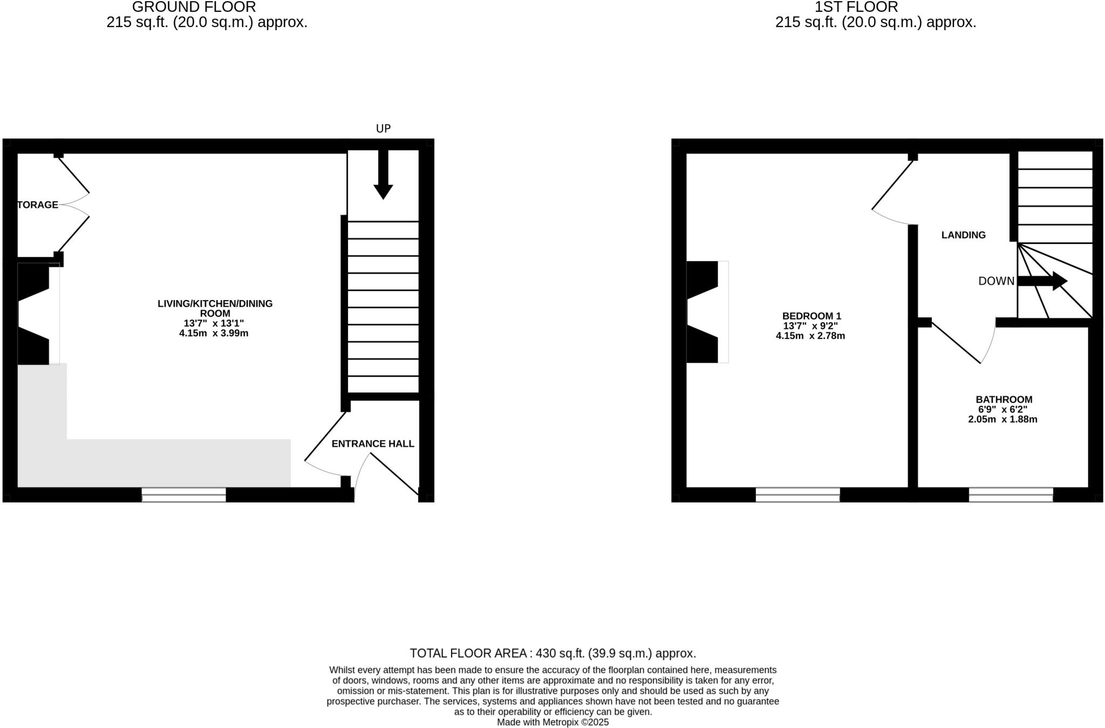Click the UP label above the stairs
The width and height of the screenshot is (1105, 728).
tap(383, 128)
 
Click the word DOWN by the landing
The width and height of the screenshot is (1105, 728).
tap(996, 281)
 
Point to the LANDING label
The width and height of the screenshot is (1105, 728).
tap(963, 235)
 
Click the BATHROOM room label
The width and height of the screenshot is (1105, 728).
tap(1004, 399)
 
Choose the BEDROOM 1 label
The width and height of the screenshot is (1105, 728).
tap(811, 316)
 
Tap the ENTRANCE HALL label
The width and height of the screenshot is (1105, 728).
tap(373, 444)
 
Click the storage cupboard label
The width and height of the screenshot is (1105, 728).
tap(38, 205)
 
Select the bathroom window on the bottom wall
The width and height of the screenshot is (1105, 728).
tap(1011, 494)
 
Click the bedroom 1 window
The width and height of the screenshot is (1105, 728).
tap(797, 494)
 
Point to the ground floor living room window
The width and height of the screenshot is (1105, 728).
tap(184, 494)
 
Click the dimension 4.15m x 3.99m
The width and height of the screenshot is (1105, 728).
tap(214, 333)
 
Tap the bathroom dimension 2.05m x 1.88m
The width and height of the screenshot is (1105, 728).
tap(1002, 419)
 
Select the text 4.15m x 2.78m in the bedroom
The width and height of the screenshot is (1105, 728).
tap(810, 336)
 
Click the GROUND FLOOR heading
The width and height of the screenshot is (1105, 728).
tap(194, 7)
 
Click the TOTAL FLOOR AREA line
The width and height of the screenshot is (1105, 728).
tap(552, 653)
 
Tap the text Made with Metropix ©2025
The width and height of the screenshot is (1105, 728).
tap(552, 722)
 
